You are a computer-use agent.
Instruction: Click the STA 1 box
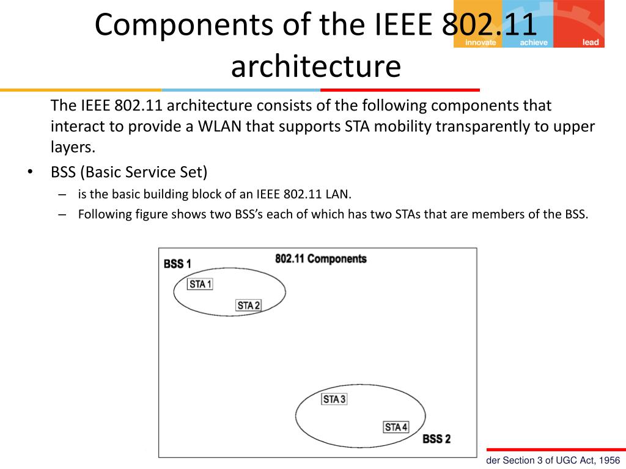[x=200, y=284]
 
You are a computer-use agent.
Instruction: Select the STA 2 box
[x=248, y=305]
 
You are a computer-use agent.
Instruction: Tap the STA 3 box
[x=334, y=399]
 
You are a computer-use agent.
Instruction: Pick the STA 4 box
[x=396, y=427]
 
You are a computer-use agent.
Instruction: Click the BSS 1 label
[x=177, y=264]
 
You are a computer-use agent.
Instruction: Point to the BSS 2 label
[x=436, y=439]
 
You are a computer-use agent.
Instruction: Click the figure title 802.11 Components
[x=321, y=259]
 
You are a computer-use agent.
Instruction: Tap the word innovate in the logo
[x=481, y=43]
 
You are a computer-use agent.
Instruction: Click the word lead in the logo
[x=591, y=43]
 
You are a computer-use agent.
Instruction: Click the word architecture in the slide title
[x=315, y=67]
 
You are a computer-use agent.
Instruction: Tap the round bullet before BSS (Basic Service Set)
[x=29, y=173]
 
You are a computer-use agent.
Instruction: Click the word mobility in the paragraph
[x=402, y=126]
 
